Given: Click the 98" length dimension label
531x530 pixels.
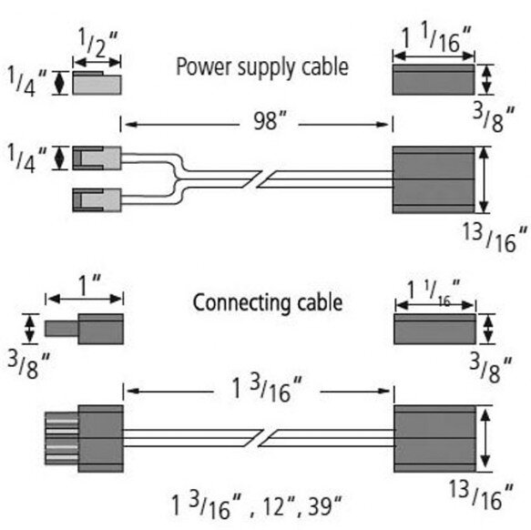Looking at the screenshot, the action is tap(270, 121).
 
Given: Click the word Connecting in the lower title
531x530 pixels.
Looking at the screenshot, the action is tap(241, 302).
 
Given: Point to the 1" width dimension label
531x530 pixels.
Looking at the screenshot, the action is tap(89, 284).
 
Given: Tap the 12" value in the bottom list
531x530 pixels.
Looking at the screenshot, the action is tap(279, 506).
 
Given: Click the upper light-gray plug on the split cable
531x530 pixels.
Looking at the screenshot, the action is tap(97, 158).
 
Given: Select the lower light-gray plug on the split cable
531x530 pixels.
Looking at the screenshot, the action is tap(97, 200).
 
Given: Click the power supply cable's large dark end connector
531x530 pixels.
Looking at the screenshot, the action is tap(434, 179).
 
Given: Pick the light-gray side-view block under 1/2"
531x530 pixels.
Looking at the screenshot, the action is tap(97, 83).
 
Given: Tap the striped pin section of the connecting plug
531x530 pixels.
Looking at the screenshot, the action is tap(62, 438).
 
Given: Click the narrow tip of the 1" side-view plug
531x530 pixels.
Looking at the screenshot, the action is tap(61, 329).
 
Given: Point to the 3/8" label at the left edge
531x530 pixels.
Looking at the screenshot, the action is tap(28, 365).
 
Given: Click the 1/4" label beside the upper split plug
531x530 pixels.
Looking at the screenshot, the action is tap(26, 158).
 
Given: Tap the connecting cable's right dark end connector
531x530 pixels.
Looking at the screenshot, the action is tap(434, 438).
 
